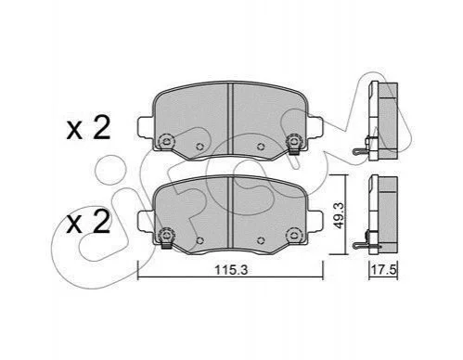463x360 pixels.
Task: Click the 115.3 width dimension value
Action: pos(231,270)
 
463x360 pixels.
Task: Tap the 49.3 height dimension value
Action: pos(339,215)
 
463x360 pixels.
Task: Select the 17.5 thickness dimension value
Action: pos(383,270)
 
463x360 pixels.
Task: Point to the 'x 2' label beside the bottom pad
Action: pos(88,222)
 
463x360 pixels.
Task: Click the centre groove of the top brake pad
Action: pos(230,119)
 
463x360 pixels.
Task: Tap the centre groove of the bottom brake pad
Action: pos(230,212)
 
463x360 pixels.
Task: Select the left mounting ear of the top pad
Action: pos(145,127)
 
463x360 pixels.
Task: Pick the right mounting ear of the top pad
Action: pos(315,127)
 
